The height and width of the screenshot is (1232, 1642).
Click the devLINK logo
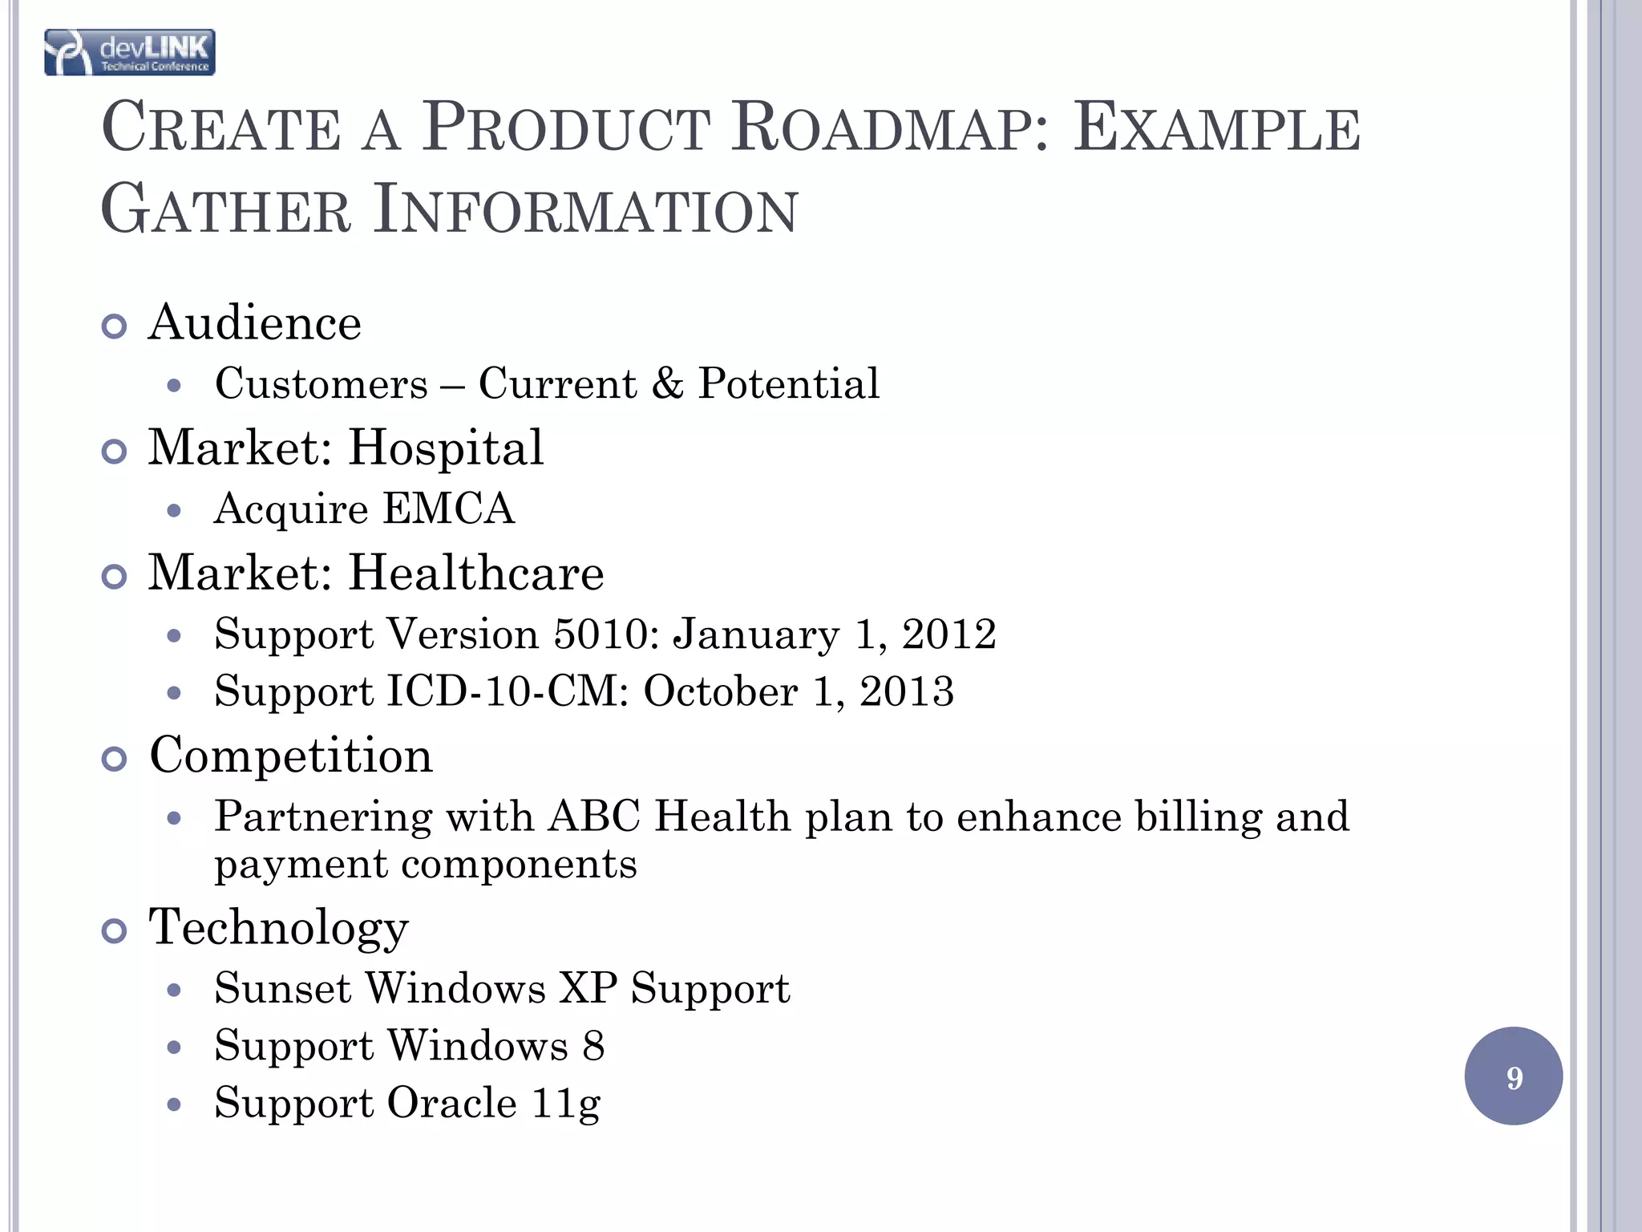129,53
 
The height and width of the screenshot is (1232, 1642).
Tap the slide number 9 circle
1513,1076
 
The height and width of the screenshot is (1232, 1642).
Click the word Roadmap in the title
890,128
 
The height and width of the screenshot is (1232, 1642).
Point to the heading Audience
255,323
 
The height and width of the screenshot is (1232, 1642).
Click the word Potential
789,383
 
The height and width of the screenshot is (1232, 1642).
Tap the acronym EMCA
448,509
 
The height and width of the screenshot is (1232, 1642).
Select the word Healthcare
476,573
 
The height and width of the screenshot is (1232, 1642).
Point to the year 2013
907,691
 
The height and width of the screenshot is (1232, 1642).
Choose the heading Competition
291,756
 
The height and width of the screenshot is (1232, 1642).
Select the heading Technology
279,927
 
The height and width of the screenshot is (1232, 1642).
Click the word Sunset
283,988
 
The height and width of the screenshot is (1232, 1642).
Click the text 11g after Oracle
566,1104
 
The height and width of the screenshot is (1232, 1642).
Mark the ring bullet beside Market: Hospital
115,452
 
